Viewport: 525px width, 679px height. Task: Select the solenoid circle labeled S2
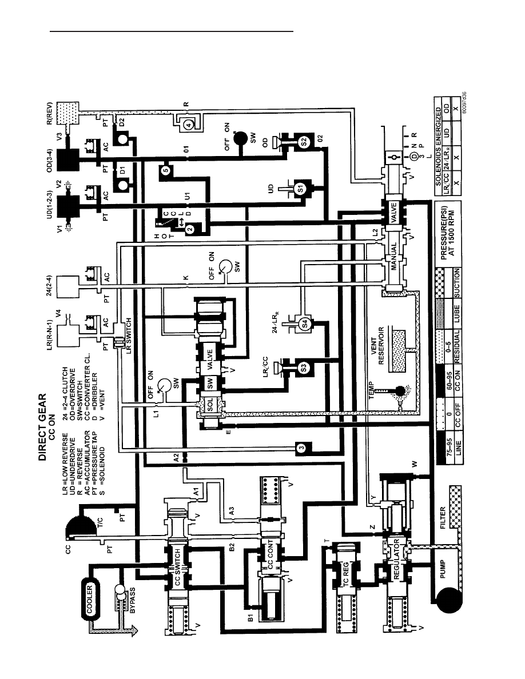pos(303,141)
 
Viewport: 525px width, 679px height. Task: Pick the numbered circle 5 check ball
pos(165,171)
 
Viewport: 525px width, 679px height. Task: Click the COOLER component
pos(90,600)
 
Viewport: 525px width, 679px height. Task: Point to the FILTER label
pos(443,518)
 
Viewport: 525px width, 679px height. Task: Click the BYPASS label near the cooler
pos(132,600)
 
